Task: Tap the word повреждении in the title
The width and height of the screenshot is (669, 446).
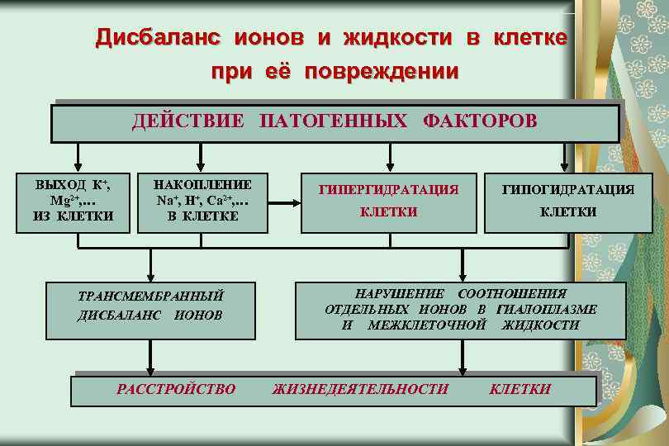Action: click(x=381, y=72)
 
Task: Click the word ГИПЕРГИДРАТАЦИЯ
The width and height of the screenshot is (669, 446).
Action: click(x=388, y=190)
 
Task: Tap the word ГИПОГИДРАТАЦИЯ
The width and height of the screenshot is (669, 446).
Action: click(x=568, y=190)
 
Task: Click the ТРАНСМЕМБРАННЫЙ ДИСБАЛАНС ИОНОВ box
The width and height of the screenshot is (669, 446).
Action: click(x=149, y=305)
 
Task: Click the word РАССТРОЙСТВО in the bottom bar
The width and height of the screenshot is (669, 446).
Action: click(x=176, y=389)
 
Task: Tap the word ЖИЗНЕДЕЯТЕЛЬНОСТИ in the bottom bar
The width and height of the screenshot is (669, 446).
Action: click(x=361, y=389)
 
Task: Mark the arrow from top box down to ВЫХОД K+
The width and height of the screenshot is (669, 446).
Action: click(x=78, y=157)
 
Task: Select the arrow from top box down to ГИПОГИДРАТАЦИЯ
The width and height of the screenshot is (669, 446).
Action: click(x=565, y=157)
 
